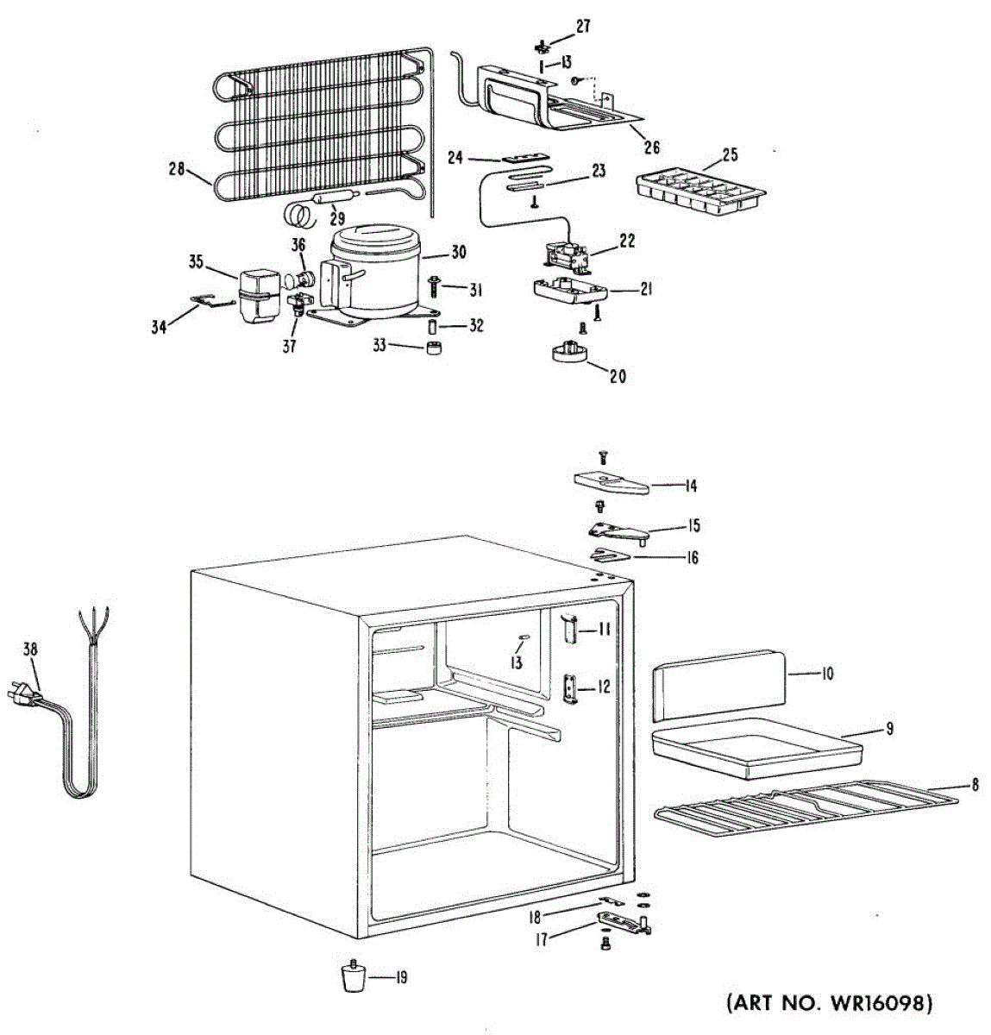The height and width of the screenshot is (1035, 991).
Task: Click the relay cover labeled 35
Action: coord(256,294)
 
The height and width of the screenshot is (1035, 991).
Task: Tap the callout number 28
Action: coord(178,170)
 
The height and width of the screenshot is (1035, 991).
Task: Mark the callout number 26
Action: coord(652,147)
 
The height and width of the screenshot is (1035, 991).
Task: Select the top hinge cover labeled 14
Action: coord(610,482)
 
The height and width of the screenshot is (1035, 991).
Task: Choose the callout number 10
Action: coord(826,673)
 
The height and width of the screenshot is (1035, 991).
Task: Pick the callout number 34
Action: coord(159,328)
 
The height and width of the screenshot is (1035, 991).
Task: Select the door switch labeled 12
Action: coord(570,688)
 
